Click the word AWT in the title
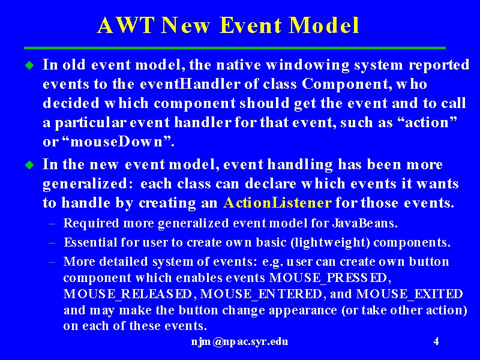[x=125, y=25]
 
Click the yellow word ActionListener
[x=277, y=203]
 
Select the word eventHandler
[x=190, y=84]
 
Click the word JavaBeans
[x=365, y=223]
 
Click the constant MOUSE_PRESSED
[x=330, y=278]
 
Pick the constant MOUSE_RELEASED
[x=128, y=294]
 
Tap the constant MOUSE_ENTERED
[x=261, y=294]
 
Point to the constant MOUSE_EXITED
[x=410, y=294]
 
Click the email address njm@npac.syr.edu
[x=239, y=341]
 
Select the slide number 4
[x=436, y=341]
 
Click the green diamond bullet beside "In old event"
[x=29, y=65]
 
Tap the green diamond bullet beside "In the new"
[x=29, y=165]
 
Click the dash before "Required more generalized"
[x=52, y=224]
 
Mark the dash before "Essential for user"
[x=52, y=243]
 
